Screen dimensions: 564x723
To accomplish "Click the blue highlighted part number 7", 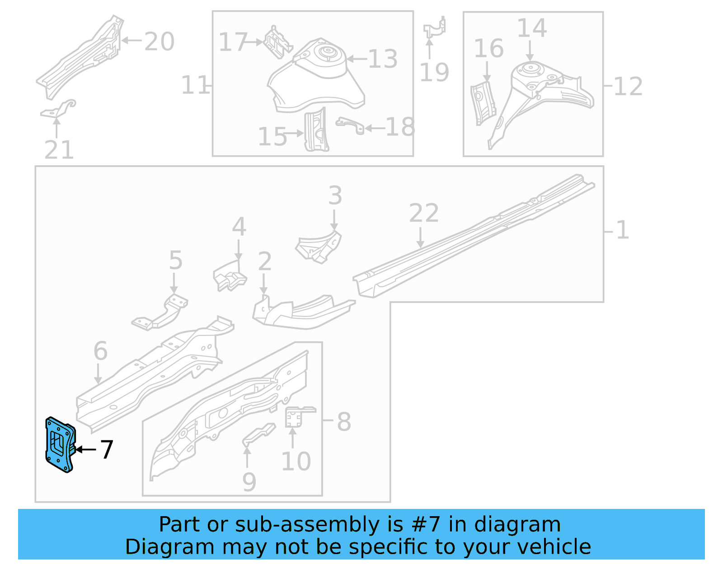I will (59, 445).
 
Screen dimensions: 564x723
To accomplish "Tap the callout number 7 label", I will (107, 450).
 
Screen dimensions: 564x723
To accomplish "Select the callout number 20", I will (159, 42).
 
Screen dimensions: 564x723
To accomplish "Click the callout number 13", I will (383, 59).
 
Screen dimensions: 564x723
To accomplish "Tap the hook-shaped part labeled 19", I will (435, 28).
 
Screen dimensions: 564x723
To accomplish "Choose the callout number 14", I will (532, 28).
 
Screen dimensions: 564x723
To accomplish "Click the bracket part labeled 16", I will (482, 103).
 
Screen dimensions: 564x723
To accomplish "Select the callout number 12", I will (628, 86).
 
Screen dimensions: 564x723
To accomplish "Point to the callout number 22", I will (424, 213).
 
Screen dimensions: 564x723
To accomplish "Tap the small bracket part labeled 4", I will (230, 276).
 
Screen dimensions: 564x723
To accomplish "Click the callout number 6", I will (100, 351).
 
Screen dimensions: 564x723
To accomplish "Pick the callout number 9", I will (249, 482).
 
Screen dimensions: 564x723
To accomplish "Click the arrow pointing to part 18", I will (375, 128).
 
